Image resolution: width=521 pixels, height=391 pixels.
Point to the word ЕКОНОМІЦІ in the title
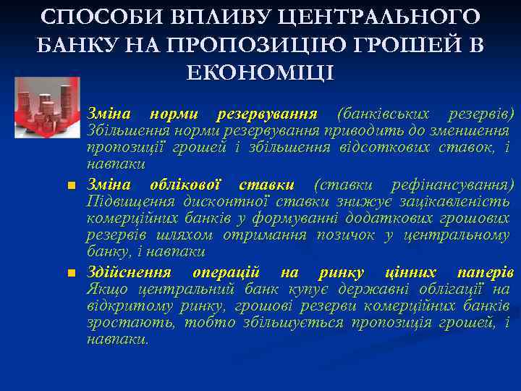click(x=260, y=72)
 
